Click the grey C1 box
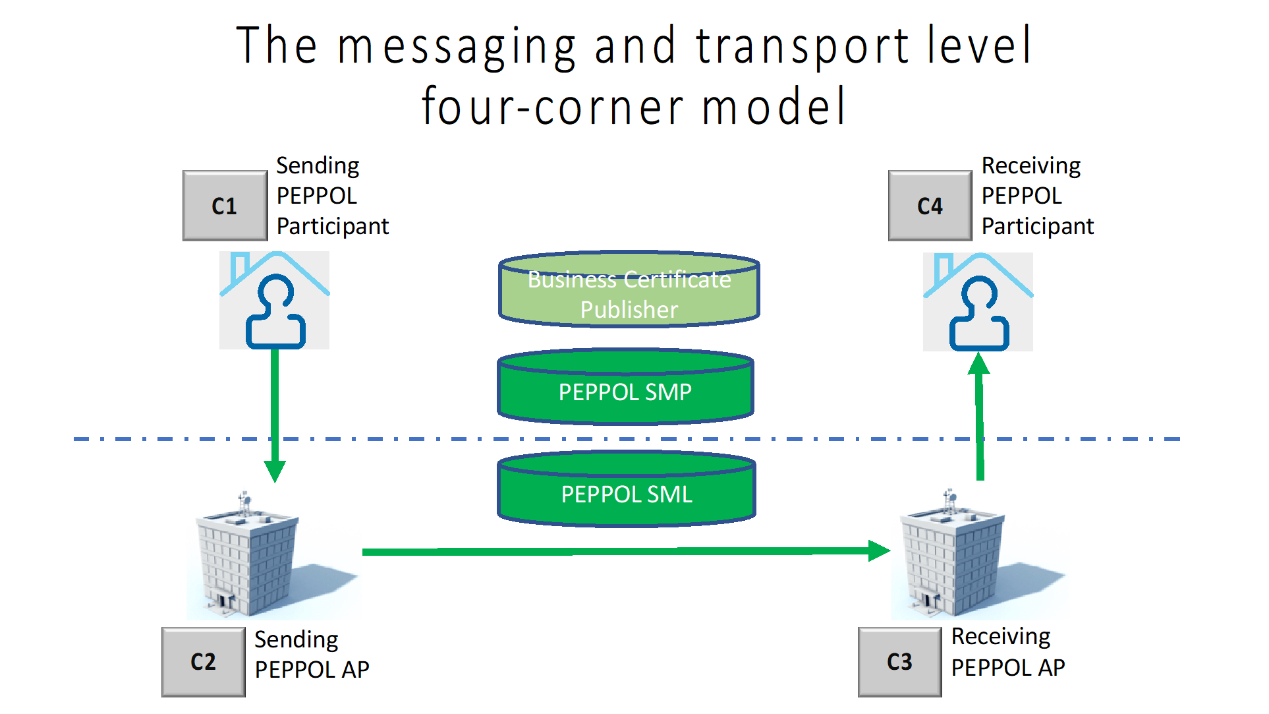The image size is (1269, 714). pos(225,206)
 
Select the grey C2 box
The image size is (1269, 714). pos(204,662)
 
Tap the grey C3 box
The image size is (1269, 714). pos(900,662)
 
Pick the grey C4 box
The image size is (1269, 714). pos(930,206)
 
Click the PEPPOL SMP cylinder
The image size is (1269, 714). pos(625,386)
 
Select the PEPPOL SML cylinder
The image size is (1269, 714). pos(627,489)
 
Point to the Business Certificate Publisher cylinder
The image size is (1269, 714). pos(629,289)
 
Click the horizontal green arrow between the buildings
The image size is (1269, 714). pos(626,551)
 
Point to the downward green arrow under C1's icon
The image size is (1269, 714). pos(275,416)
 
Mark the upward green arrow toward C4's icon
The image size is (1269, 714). pos(979,416)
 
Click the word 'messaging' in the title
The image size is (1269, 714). pos(457,47)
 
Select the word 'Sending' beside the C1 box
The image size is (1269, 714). pos(318,166)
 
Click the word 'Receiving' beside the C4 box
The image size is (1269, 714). pos(1031,166)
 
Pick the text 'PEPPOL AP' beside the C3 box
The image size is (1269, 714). pos(1008,668)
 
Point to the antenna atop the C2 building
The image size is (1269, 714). pos(244,503)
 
